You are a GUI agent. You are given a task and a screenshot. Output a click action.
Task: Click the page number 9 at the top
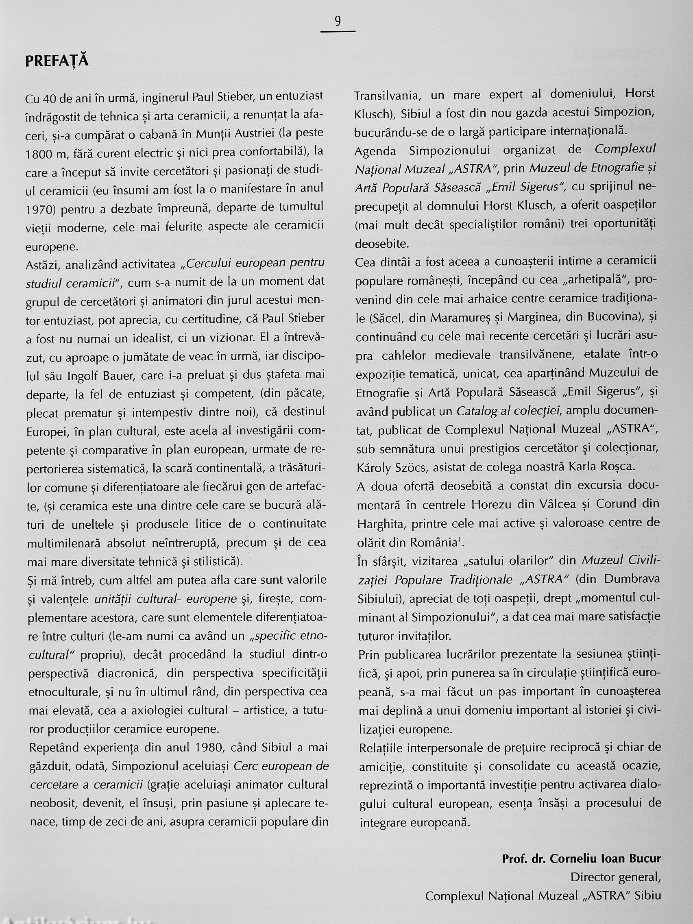[338, 21]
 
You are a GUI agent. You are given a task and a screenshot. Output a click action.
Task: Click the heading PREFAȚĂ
[57, 61]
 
